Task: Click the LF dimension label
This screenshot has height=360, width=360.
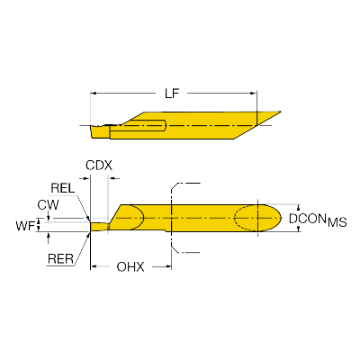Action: pyautogui.click(x=171, y=92)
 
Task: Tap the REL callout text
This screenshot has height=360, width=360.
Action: pyautogui.click(x=63, y=187)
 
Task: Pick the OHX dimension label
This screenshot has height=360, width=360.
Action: pyautogui.click(x=131, y=267)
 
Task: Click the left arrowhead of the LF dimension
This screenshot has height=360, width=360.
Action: pyautogui.click(x=94, y=92)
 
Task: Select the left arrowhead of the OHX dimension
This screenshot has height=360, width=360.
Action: pyautogui.click(x=94, y=266)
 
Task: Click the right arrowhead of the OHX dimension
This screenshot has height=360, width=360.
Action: pyautogui.click(x=168, y=266)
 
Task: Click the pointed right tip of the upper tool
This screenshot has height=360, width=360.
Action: pyautogui.click(x=280, y=112)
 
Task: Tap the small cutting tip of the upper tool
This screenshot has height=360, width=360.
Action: pyautogui.click(x=99, y=131)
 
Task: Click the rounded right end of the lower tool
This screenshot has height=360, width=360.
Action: pyautogui.click(x=279, y=218)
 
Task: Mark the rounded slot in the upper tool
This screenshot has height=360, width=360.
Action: pyautogui.click(x=153, y=125)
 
